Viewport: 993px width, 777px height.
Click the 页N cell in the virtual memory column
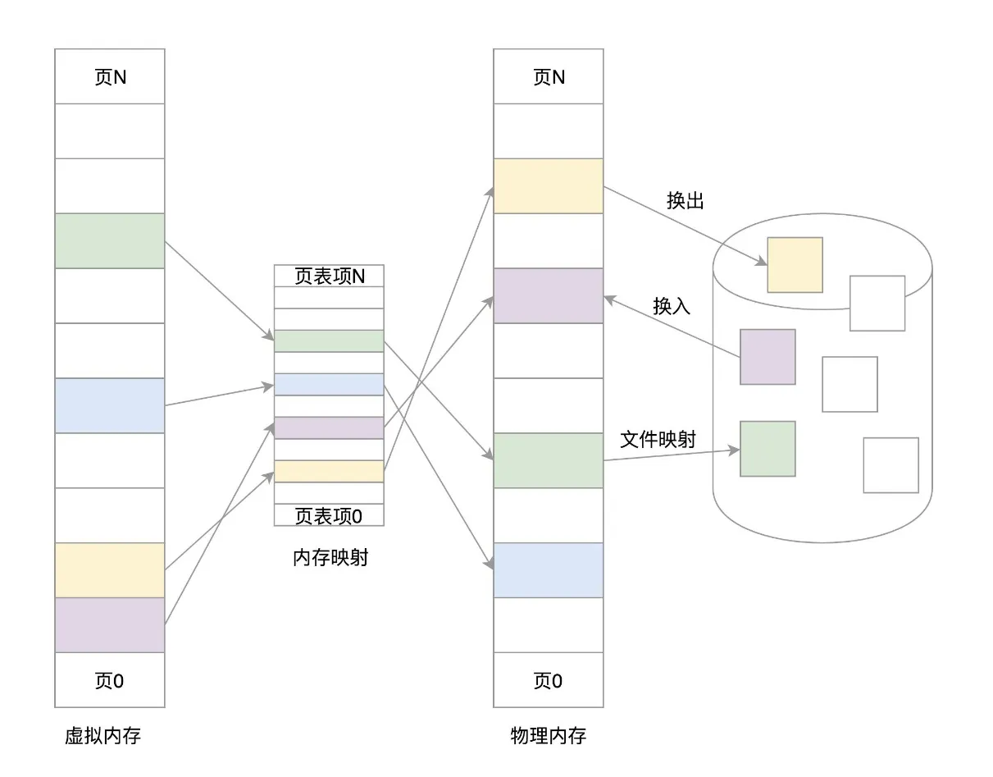coord(110,76)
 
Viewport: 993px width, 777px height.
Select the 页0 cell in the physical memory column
coord(548,680)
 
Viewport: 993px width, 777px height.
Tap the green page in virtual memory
coord(110,240)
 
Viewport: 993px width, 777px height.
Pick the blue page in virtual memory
coord(110,405)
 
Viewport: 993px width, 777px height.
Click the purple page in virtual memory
coord(110,625)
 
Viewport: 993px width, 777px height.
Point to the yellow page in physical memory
coord(548,185)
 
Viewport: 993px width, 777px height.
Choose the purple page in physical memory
coord(548,295)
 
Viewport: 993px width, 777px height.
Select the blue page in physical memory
coord(548,570)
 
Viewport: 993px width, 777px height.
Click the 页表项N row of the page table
coord(329,276)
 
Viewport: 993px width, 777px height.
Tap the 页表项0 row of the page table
coord(329,515)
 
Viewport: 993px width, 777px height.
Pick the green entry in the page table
coord(329,341)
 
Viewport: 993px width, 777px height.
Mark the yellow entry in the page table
coord(329,471)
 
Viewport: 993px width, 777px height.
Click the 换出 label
coord(686,201)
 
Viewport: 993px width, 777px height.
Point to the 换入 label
coord(672,306)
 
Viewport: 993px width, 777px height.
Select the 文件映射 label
coord(658,440)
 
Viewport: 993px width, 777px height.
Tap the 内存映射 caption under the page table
coord(330,559)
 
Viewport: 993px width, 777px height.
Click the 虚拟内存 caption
coord(102,736)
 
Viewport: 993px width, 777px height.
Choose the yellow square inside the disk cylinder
coord(795,265)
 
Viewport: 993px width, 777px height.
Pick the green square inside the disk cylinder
coord(768,449)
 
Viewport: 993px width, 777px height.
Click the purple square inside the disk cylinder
coord(768,357)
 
